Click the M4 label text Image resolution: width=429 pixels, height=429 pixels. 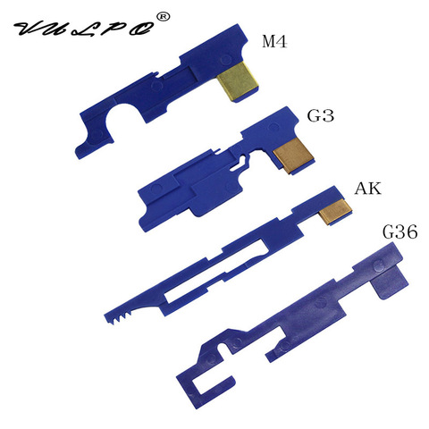274,41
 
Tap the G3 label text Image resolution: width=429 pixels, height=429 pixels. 321,115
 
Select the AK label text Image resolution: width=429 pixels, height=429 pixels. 367,189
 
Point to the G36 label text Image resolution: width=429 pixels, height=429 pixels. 400,232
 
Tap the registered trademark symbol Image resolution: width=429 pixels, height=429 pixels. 164,17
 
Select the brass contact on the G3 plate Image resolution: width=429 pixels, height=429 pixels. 293,156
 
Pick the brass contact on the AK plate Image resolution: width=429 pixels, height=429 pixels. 334,212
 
